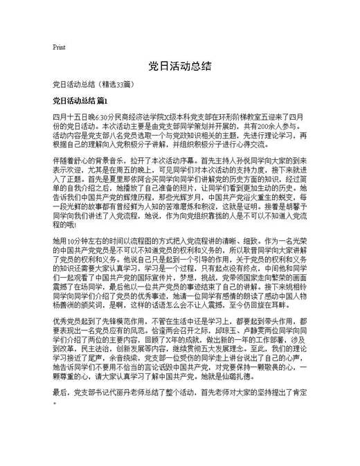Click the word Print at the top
tap(59, 48)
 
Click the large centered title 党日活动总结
tap(179, 68)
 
